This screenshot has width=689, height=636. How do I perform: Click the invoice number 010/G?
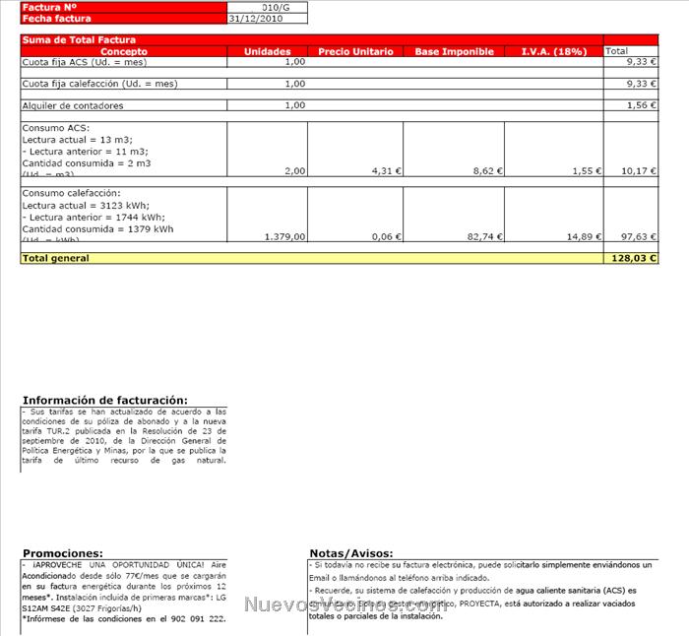(x=277, y=7)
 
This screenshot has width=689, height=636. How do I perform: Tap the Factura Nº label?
(x=48, y=7)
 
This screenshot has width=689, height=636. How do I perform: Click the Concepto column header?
(x=124, y=51)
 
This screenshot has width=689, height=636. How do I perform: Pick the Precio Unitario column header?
(x=355, y=51)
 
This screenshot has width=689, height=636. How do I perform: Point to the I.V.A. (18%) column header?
(x=553, y=51)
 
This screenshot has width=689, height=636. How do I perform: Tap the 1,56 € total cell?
(x=641, y=104)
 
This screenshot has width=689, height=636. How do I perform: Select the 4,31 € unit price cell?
(x=381, y=170)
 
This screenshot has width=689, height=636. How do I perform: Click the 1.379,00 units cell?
(x=286, y=236)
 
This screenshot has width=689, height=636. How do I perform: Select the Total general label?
(x=55, y=258)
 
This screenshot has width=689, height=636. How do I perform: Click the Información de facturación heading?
(x=104, y=401)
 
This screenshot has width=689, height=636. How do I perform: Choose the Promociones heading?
(x=62, y=554)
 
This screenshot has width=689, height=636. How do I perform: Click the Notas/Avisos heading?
(x=350, y=554)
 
